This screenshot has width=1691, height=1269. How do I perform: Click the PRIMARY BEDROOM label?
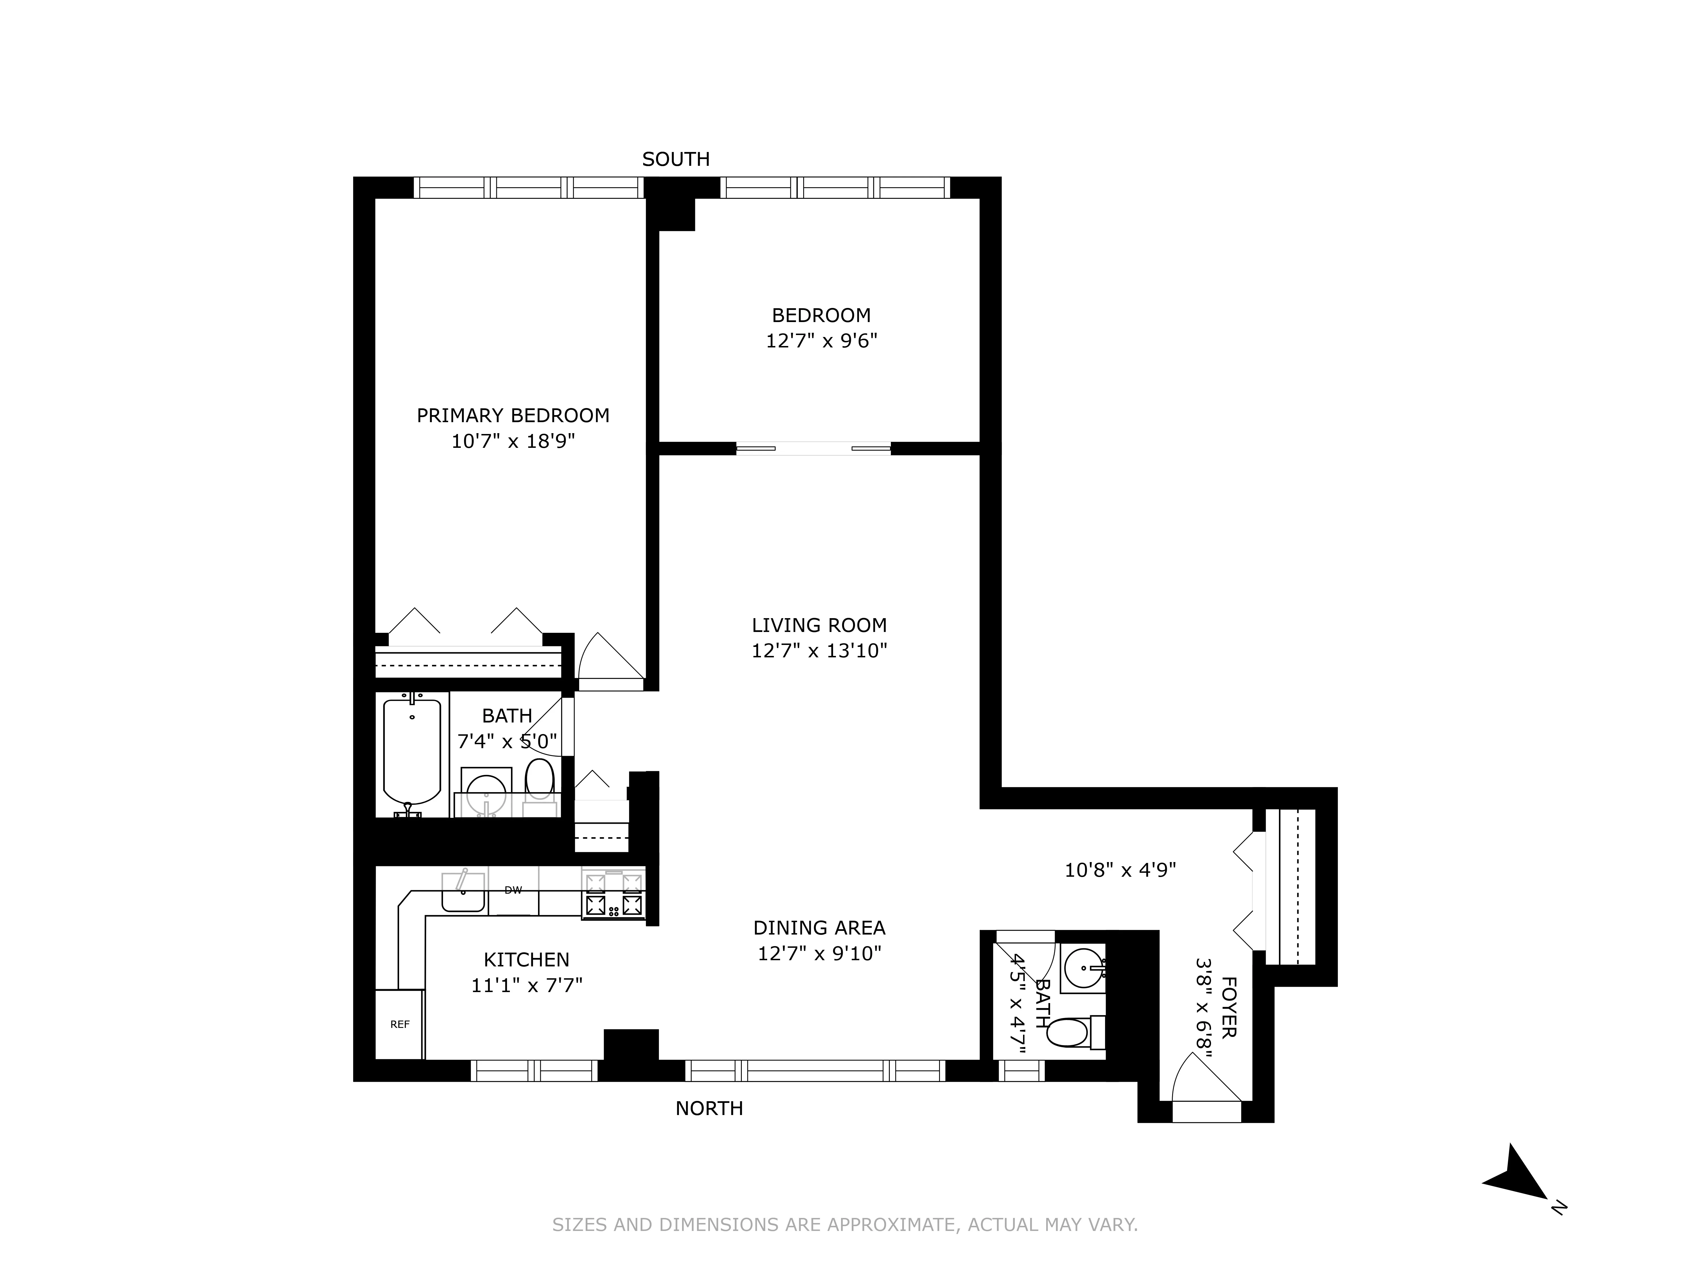tap(513, 415)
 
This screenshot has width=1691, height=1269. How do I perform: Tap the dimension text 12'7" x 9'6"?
tap(821, 340)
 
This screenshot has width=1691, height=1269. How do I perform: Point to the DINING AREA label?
tap(819, 928)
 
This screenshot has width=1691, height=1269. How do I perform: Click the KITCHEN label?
tap(526, 959)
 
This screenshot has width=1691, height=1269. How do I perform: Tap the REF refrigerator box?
tap(399, 1024)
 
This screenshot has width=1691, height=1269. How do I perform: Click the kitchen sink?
tap(463, 892)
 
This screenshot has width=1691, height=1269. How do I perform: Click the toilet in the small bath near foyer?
tap(1068, 1033)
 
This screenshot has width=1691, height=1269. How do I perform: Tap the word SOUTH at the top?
tap(676, 159)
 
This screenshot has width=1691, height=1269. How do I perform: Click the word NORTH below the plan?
tap(709, 1108)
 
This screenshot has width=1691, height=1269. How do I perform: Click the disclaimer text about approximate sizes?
tap(845, 1225)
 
